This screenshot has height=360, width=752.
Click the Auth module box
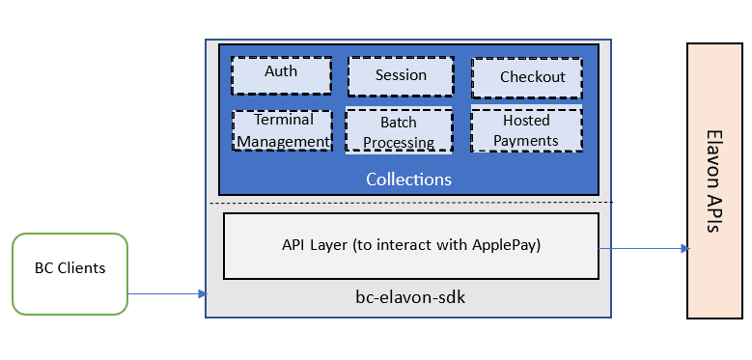[x=281, y=74]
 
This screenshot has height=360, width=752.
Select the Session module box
[x=400, y=76]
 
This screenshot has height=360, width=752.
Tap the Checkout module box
[x=526, y=77]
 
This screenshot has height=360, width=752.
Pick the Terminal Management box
[x=283, y=130]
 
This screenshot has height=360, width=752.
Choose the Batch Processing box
[x=399, y=131]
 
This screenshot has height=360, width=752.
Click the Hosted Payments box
[x=526, y=130]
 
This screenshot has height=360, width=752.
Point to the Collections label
[x=408, y=180]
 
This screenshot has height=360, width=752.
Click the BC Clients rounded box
[x=70, y=273]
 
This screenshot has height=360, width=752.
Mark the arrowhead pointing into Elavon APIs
[x=684, y=249]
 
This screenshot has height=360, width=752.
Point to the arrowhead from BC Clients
[x=202, y=293]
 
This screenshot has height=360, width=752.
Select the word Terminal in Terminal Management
[x=284, y=120]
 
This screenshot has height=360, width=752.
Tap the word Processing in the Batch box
[x=399, y=143]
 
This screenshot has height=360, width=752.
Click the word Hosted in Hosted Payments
[x=526, y=121]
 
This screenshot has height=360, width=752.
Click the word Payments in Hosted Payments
[x=526, y=141]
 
